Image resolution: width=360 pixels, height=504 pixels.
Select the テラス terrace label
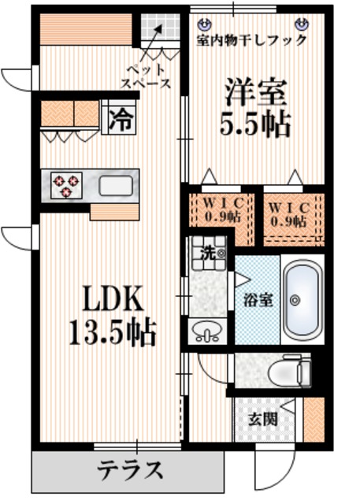click(131, 471)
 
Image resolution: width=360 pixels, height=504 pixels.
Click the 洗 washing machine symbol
click(209, 253)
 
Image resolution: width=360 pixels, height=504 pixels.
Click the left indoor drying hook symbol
click(205, 24)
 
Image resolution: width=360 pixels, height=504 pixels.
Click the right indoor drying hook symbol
click(300, 24)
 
